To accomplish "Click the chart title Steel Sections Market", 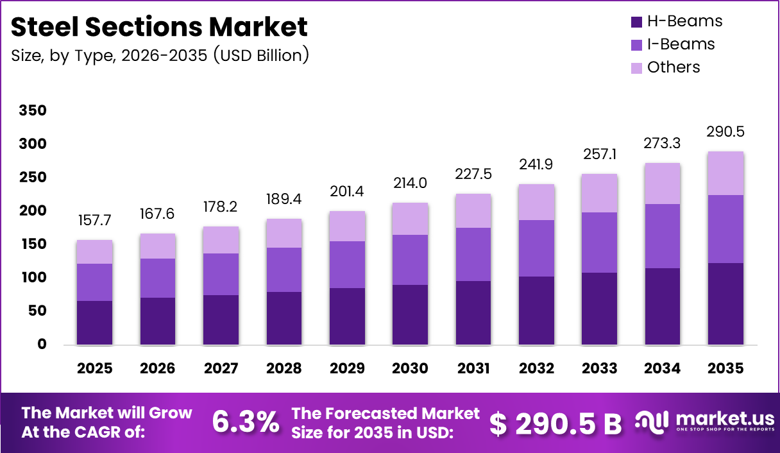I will pos(159,27).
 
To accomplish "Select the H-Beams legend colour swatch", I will pos(636,22).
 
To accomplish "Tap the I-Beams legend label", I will pos(681,44).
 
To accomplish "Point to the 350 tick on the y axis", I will pos(33,111).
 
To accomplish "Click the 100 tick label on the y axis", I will pos(33,278).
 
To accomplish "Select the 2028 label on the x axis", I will pos(284,368).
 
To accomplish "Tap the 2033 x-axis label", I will pos(600,368).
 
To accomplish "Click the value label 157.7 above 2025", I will pos(94,221).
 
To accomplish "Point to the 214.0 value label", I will pos(410,184).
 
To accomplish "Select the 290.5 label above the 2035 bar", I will pos(725,132).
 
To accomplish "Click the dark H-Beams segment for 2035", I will pos(725,303).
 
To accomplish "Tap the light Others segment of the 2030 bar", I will pos(410,219).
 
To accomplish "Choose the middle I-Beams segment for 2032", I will pos(536,248).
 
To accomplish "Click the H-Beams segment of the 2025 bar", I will pos(94,323).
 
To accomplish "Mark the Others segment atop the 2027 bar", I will pos(221,240).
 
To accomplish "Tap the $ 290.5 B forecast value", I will pos(555,423).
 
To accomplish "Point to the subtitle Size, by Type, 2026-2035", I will pos(160,56).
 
